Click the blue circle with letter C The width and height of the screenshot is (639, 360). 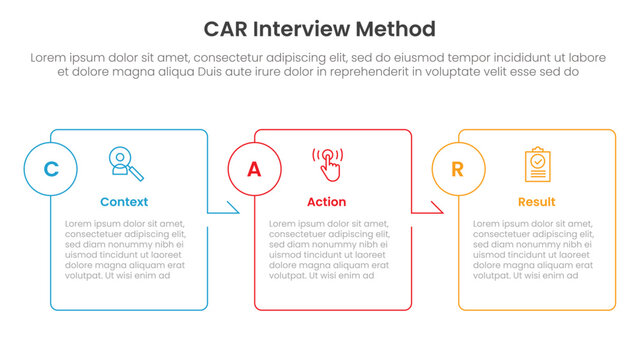[50, 169]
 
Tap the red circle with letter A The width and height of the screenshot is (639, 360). [254, 169]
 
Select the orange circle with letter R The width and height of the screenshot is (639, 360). [457, 169]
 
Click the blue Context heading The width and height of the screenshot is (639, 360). [124, 202]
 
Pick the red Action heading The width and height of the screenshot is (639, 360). [327, 202]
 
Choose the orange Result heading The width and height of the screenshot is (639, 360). [537, 202]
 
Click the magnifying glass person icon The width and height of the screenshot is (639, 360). [124, 163]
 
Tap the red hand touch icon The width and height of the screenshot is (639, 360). [327, 164]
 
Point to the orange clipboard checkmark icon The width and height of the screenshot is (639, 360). [537, 164]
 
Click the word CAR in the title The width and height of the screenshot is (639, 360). [229, 28]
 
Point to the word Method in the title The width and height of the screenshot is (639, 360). [398, 28]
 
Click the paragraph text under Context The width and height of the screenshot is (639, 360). [124, 249]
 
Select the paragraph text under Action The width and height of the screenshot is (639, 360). [328, 249]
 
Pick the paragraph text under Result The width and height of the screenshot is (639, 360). [531, 249]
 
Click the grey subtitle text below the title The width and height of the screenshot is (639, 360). [319, 65]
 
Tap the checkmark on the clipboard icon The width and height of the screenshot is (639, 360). [537, 160]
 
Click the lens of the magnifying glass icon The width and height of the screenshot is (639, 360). [121, 158]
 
